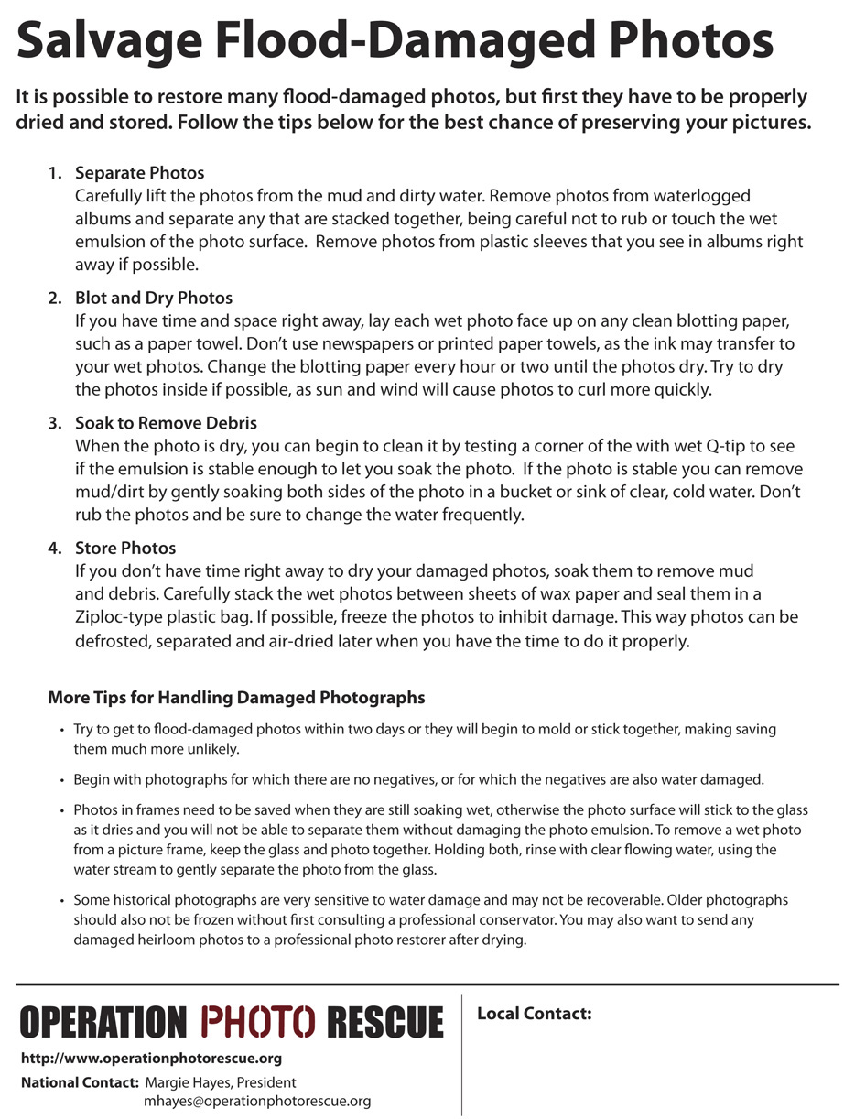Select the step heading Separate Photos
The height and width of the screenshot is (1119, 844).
click(139, 173)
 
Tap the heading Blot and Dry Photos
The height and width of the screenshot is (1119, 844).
click(154, 299)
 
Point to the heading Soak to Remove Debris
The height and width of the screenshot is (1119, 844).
click(166, 423)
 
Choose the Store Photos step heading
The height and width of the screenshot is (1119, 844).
click(125, 549)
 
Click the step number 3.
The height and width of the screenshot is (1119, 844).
click(54, 423)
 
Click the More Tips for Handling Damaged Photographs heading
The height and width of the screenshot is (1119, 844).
click(236, 698)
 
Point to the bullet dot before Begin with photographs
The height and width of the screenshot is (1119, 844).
click(62, 781)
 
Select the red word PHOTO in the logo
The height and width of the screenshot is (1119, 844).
click(259, 1022)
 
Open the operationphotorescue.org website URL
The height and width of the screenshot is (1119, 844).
click(151, 1059)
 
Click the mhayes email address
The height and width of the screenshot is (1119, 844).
click(256, 1102)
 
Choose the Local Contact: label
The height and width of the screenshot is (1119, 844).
click(535, 1014)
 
